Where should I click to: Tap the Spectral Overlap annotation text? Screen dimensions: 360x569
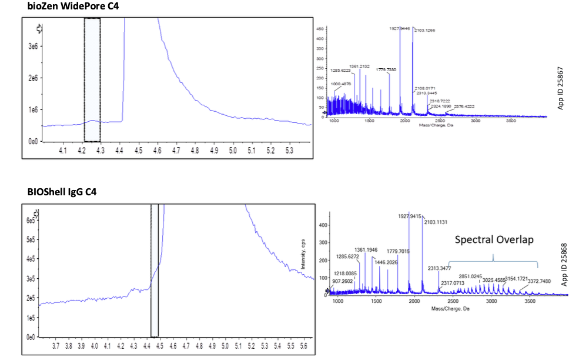[494, 240]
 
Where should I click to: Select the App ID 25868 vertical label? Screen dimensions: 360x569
[564, 265]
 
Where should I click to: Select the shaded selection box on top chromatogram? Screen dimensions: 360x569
[92, 79]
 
